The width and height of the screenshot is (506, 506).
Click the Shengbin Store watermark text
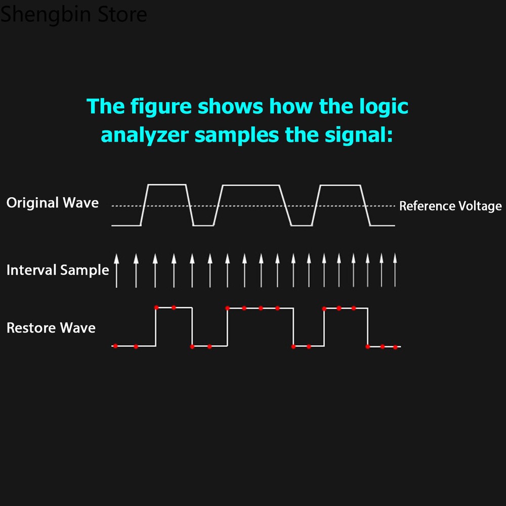coord(73,14)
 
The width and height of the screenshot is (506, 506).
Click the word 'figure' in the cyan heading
coord(161,107)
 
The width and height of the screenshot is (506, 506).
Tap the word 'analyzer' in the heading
coord(145,135)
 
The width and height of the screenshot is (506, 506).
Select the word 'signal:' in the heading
coord(359,135)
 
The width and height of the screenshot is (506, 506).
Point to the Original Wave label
coord(53,203)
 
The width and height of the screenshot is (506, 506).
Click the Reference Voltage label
coord(450,206)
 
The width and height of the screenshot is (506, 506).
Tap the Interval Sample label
coord(58,270)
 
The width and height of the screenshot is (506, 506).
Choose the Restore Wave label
coord(51,328)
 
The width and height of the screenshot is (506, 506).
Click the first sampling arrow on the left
coord(116,271)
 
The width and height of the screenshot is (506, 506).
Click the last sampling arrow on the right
coord(395,270)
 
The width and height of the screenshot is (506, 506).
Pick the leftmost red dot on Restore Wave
coord(115,346)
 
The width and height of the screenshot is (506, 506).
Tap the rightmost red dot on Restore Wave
coord(395,347)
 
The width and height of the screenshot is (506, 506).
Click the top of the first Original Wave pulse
coord(167,185)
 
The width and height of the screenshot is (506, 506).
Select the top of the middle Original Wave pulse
coord(251,185)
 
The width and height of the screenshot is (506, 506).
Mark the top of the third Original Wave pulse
coord(340,185)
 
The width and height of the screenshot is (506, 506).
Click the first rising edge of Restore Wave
coord(156,327)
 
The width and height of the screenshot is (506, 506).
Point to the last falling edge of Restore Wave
coord(367,327)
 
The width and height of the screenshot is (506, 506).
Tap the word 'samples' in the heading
coord(237,136)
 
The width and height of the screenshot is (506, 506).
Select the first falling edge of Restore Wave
coord(192,327)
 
